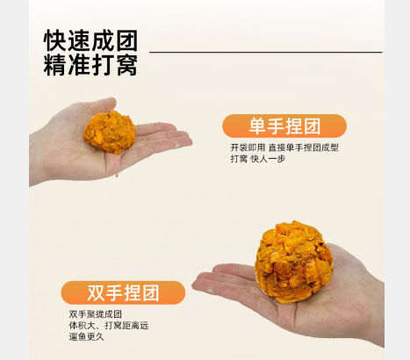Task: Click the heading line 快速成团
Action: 90,40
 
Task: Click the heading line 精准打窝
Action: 90,64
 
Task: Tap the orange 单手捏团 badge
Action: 284,126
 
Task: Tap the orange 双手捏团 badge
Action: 123,292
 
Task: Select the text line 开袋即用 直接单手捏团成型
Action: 284,148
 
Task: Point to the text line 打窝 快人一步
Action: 258,159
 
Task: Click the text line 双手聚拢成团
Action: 96,314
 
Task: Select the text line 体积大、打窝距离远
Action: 109,326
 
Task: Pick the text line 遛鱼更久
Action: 87,336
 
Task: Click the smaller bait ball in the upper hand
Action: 110,132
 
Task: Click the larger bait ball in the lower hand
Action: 294,262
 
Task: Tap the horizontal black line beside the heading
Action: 266,52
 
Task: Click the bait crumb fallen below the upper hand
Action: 117,176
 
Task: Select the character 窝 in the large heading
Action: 127,64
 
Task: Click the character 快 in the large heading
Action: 54,40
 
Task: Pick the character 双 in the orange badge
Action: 96,292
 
